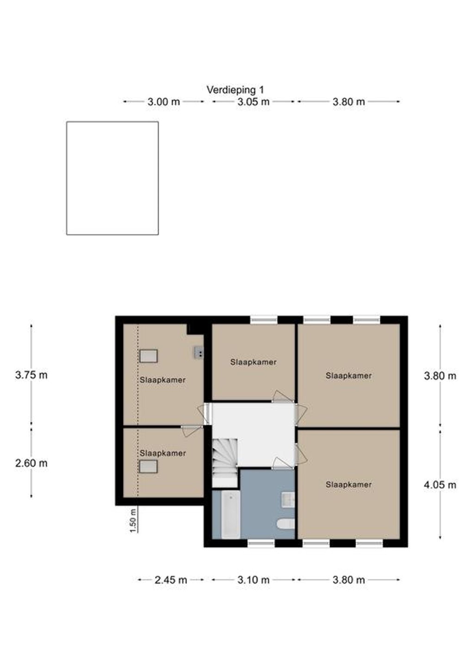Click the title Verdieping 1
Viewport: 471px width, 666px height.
pyautogui.click(x=235, y=90)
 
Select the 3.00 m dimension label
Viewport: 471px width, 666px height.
pyautogui.click(x=163, y=102)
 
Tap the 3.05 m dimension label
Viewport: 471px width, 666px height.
pyautogui.click(x=254, y=102)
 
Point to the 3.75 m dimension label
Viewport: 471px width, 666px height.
pyautogui.click(x=31, y=375)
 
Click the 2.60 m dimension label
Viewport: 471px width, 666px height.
pyautogui.click(x=31, y=463)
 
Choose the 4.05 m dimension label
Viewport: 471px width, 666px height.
pyautogui.click(x=440, y=485)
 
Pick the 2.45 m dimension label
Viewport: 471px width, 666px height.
pyautogui.click(x=171, y=588)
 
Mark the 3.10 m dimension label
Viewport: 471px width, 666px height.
pyautogui.click(x=254, y=588)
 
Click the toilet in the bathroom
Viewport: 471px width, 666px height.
pyautogui.click(x=286, y=524)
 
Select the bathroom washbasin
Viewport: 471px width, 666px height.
pyautogui.click(x=288, y=500)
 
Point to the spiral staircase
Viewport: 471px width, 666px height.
pyautogui.click(x=225, y=462)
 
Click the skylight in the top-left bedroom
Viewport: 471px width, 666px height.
pyautogui.click(x=149, y=356)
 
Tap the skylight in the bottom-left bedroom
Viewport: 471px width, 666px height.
pyautogui.click(x=149, y=466)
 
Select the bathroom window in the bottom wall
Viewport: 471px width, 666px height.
pyautogui.click(x=261, y=543)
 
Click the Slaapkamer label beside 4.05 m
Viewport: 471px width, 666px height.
pyautogui.click(x=348, y=485)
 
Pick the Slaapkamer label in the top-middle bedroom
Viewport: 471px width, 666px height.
pyautogui.click(x=254, y=362)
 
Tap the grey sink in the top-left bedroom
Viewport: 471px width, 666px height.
pyautogui.click(x=199, y=352)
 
